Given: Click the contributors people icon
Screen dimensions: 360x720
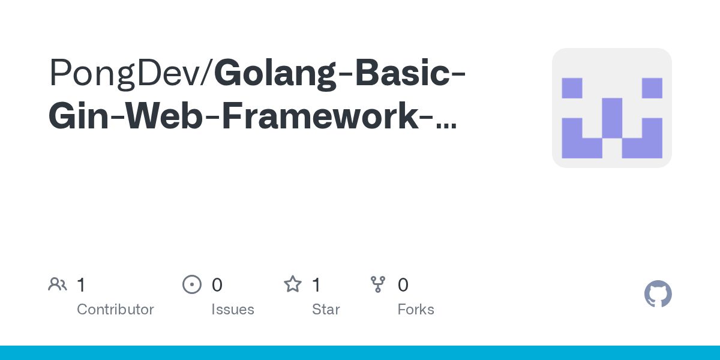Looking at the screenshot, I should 58,284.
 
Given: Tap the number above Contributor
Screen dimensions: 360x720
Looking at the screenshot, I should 81,285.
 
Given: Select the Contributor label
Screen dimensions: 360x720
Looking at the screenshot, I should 115,310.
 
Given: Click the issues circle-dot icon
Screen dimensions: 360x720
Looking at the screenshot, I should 192,284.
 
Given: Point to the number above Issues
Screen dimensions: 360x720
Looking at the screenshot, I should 217,285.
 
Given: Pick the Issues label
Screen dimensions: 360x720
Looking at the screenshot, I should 232,310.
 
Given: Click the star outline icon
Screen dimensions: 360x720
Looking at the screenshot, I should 293,284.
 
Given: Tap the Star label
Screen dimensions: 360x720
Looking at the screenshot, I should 326,310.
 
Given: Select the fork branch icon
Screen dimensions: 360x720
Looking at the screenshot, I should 378,284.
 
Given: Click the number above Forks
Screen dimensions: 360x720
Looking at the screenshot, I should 403,285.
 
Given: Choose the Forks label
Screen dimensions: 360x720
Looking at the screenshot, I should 416,310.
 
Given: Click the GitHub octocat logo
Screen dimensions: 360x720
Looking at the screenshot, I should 658,294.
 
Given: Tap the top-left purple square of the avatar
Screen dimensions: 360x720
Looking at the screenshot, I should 572,88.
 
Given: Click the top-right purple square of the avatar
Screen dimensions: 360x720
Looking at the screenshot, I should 652,88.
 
